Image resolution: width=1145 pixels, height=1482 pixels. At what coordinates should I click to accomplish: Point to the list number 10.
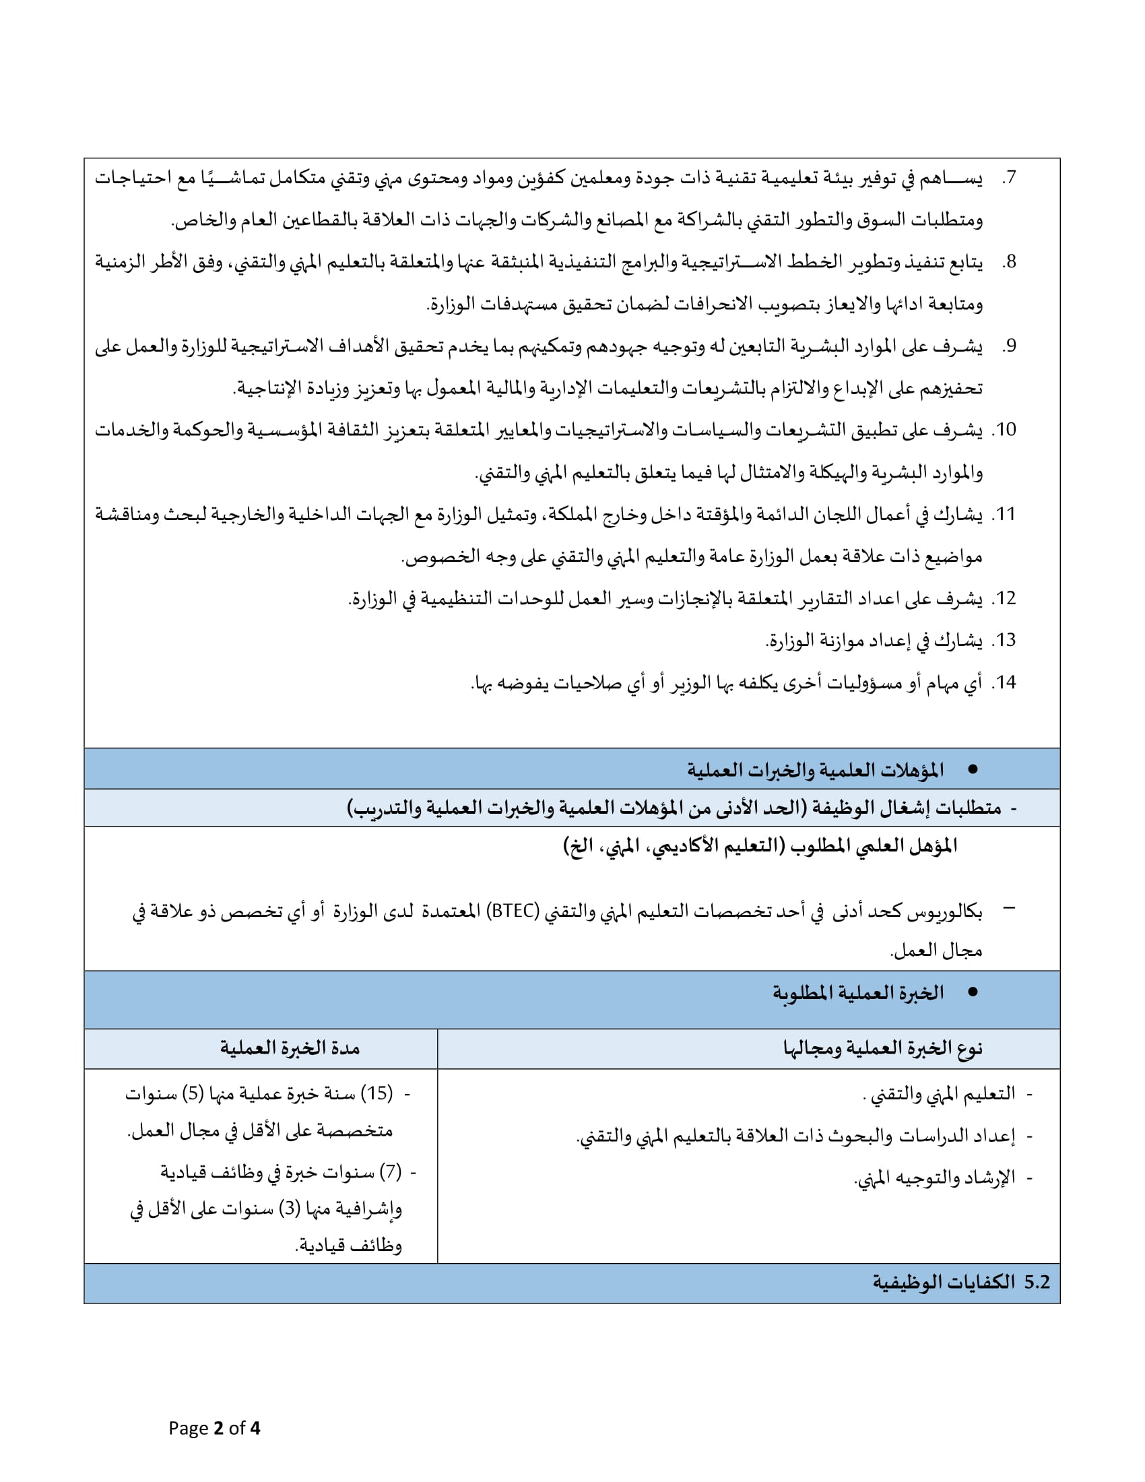tap(1004, 430)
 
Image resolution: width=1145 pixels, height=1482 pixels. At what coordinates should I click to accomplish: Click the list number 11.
tap(1004, 515)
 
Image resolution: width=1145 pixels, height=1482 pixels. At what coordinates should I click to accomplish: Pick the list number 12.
tap(1004, 598)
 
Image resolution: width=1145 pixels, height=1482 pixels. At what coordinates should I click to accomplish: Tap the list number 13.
tap(1004, 641)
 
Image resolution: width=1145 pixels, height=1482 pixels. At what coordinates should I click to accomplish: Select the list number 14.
tap(1004, 682)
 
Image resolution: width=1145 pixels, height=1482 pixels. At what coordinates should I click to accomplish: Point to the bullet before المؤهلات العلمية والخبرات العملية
tap(973, 769)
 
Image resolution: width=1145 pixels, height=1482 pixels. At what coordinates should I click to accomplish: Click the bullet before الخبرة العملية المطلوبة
tap(973, 992)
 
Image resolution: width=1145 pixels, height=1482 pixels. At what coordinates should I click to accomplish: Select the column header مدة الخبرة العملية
tap(290, 1048)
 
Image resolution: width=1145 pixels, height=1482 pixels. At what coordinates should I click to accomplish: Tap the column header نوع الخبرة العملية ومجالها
tap(882, 1048)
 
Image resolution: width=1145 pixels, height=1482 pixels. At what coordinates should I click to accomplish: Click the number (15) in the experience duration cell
tap(377, 1093)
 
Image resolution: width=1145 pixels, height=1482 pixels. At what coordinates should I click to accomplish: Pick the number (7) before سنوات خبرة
tap(390, 1172)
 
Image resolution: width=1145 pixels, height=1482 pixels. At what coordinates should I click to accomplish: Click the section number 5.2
tap(1037, 1282)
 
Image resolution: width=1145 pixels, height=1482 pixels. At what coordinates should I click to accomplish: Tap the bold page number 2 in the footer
tap(218, 1428)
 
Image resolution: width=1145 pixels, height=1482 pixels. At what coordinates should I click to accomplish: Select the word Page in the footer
tap(188, 1428)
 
